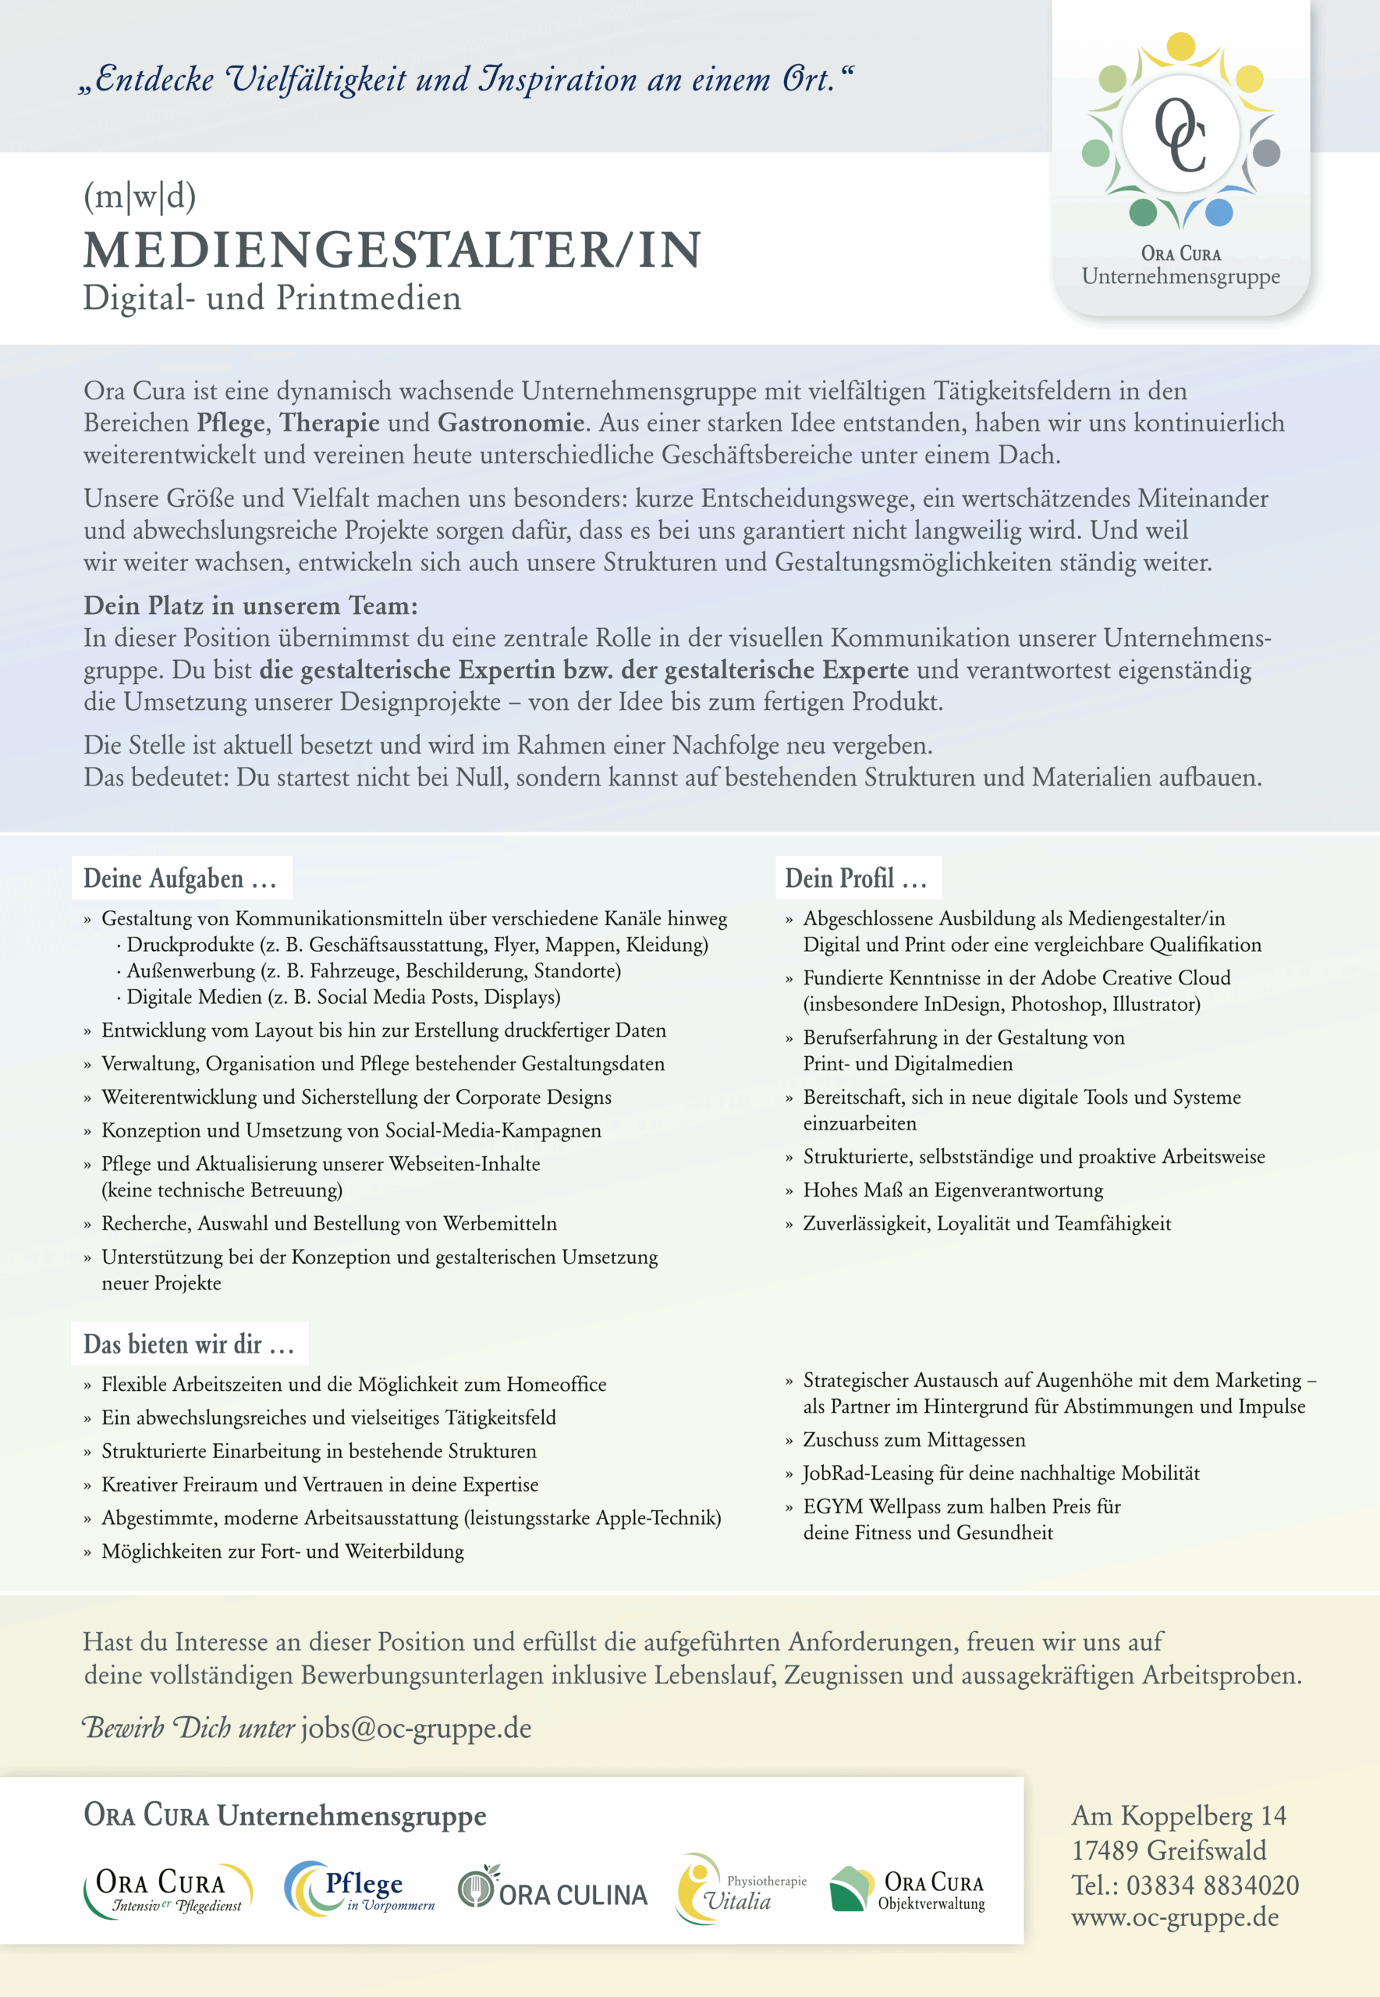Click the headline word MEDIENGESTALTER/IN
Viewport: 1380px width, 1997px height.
click(x=392, y=250)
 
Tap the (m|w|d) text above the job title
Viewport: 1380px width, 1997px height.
click(x=139, y=197)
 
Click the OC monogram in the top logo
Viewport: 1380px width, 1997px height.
click(x=1180, y=135)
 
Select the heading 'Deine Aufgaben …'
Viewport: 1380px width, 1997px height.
click(x=181, y=878)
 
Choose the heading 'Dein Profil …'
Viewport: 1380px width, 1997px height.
click(x=856, y=878)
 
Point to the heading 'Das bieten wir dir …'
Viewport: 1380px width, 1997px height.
click(x=190, y=1344)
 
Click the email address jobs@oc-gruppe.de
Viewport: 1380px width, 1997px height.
click(x=416, y=1728)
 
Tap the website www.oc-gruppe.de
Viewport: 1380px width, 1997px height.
click(x=1174, y=1917)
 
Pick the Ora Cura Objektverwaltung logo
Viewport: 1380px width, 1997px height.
click(x=907, y=1891)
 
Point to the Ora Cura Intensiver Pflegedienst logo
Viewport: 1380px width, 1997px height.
click(x=168, y=1891)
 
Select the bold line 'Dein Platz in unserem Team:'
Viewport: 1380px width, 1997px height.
click(x=250, y=606)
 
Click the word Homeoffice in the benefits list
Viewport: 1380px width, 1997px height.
click(x=556, y=1384)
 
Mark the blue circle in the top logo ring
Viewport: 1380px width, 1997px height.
click(x=1219, y=212)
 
